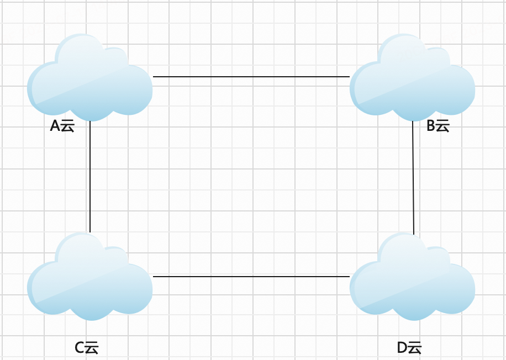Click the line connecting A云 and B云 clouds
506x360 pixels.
tap(251, 77)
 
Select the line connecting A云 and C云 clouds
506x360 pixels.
tap(89, 177)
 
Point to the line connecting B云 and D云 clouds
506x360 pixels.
tap(413, 177)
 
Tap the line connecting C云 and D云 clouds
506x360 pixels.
tap(251, 276)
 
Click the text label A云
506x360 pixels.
tap(62, 126)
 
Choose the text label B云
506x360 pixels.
tap(438, 126)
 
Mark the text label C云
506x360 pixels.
tap(86, 348)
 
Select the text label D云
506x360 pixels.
tap(409, 348)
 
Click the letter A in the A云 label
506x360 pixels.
tap(55, 126)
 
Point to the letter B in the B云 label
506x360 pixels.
tap(431, 126)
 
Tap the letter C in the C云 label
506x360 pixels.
tap(80, 348)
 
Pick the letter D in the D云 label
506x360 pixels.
tap(402, 348)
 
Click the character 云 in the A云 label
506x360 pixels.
tap(67, 126)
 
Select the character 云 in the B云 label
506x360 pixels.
tap(444, 126)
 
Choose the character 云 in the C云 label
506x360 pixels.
tap(92, 348)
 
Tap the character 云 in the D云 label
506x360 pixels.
tap(415, 348)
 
